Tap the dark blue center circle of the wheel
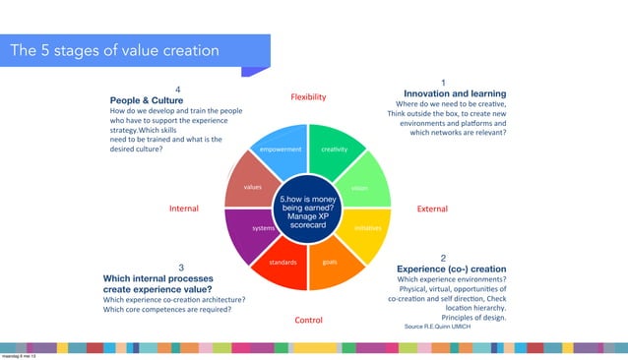tap(309, 208)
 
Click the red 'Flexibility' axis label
tap(308, 97)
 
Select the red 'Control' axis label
tap(308, 320)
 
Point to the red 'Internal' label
tap(185, 209)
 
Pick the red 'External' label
tap(432, 209)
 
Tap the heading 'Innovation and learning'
tap(448, 93)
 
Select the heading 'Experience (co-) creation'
tap(451, 268)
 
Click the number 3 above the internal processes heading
tap(180, 267)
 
